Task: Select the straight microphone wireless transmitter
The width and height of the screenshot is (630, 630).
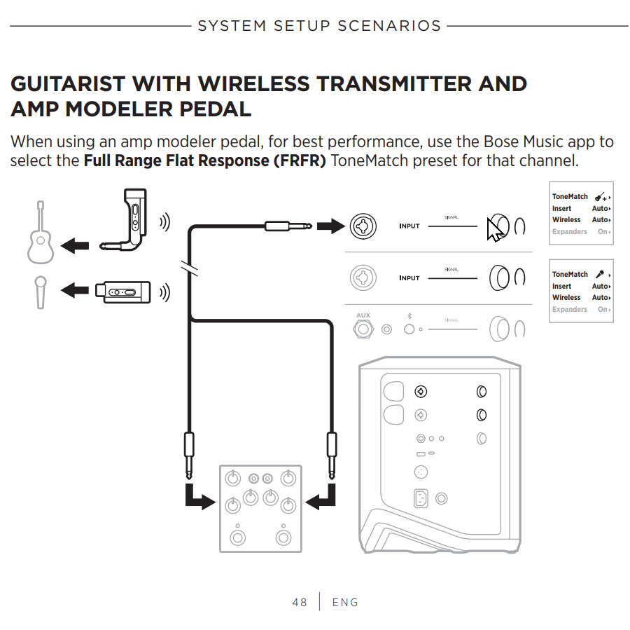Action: pyautogui.click(x=123, y=291)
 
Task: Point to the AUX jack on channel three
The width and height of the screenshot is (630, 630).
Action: pyautogui.click(x=363, y=328)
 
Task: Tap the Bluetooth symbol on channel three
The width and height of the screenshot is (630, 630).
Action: pyautogui.click(x=409, y=316)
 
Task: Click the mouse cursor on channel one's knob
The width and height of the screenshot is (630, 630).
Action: pyautogui.click(x=496, y=228)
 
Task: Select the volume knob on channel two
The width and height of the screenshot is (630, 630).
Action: pyautogui.click(x=499, y=278)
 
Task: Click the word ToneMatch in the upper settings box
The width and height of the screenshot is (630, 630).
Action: pyautogui.click(x=570, y=197)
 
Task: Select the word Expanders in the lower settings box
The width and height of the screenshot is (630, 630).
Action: pyautogui.click(x=570, y=309)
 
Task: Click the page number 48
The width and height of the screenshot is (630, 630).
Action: pyautogui.click(x=300, y=602)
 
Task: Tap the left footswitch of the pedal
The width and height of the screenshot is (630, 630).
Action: pyautogui.click(x=238, y=538)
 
